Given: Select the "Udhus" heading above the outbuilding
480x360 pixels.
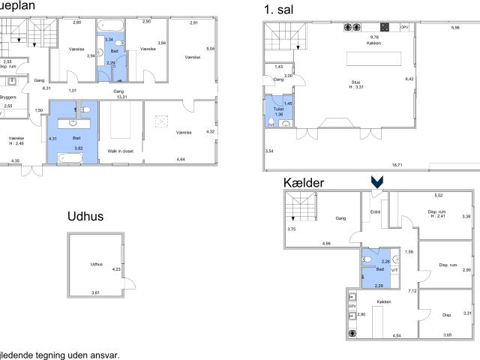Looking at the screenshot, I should pyautogui.click(x=85, y=217).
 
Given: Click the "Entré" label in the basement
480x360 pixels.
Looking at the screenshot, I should pyautogui.click(x=376, y=212).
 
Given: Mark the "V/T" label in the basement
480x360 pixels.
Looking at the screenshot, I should pyautogui.click(x=394, y=269).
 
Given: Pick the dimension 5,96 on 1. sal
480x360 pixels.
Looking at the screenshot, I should pyautogui.click(x=455, y=27).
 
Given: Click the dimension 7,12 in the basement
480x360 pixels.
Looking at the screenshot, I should pyautogui.click(x=412, y=290).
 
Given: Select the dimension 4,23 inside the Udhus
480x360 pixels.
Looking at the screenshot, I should pyautogui.click(x=116, y=269).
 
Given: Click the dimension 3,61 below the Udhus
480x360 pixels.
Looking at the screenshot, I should pyautogui.click(x=95, y=292).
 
